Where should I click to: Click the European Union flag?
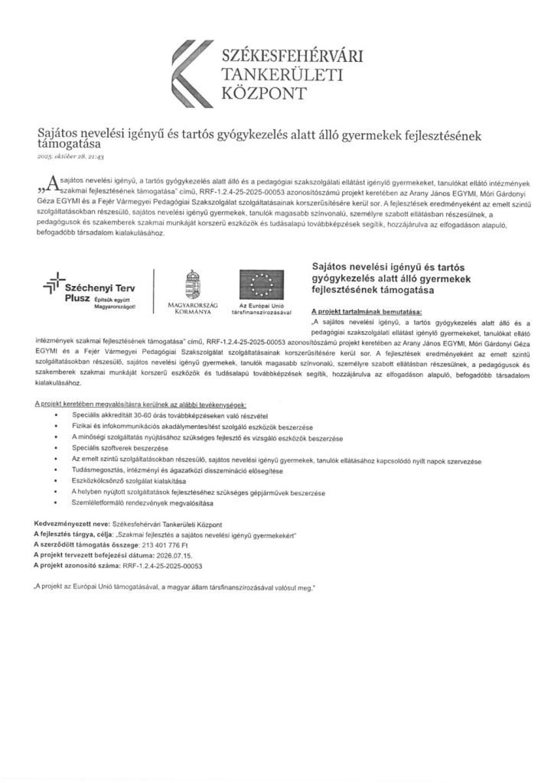coord(262,283)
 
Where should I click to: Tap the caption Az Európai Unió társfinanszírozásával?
coord(262,310)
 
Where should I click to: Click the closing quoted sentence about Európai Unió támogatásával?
coord(174,588)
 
